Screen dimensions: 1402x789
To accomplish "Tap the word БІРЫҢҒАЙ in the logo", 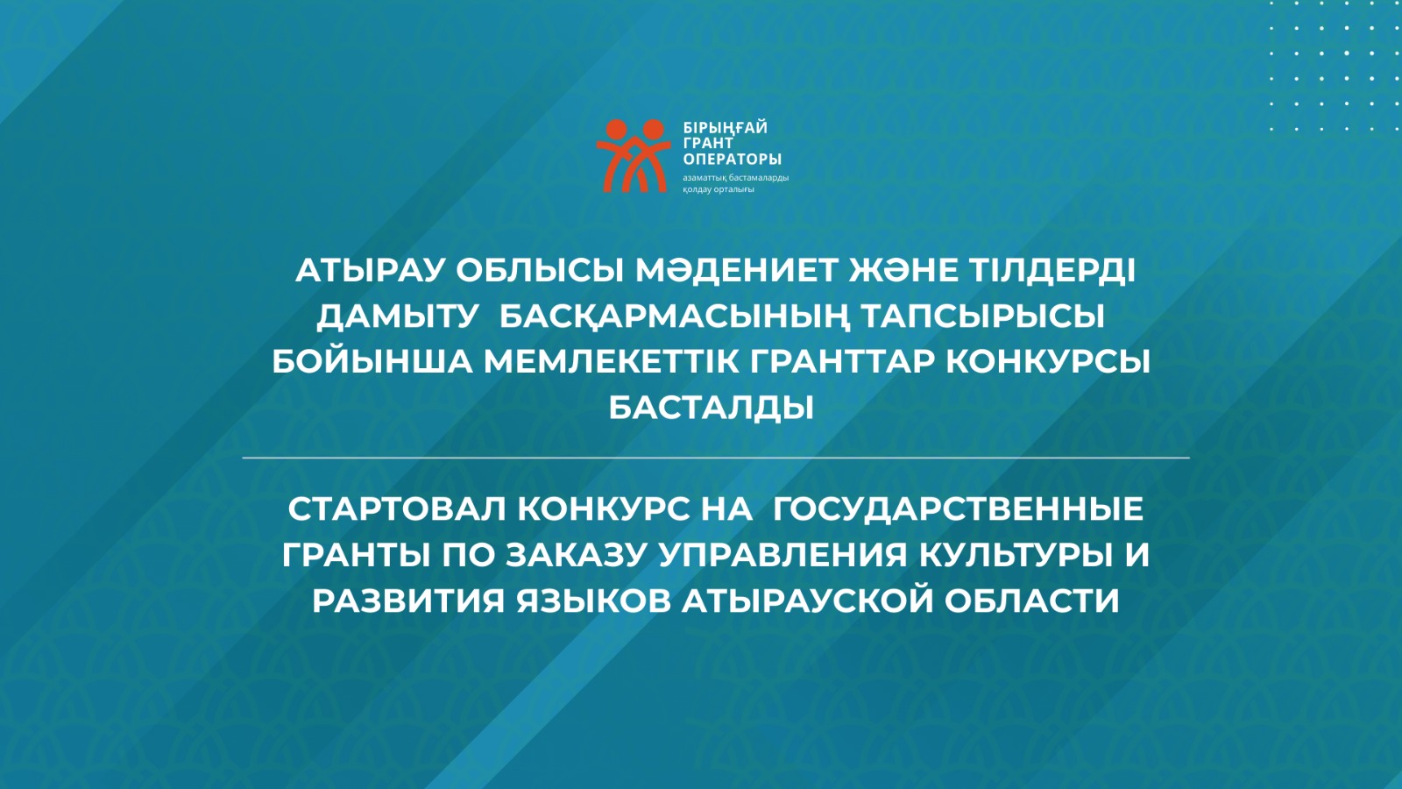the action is click(726, 128).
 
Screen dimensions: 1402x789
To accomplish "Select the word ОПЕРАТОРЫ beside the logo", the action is click(733, 159).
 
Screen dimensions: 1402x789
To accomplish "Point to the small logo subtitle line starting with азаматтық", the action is click(736, 178).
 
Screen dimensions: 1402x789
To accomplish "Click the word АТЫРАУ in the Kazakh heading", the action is click(370, 271).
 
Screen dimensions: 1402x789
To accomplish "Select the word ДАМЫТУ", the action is click(397, 316).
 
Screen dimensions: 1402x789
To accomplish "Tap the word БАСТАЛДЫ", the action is click(711, 409).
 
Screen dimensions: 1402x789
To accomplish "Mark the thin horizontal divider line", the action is click(716, 458).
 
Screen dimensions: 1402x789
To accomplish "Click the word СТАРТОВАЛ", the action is click(396, 509).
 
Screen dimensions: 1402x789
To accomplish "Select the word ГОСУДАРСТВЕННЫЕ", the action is click(959, 509).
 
